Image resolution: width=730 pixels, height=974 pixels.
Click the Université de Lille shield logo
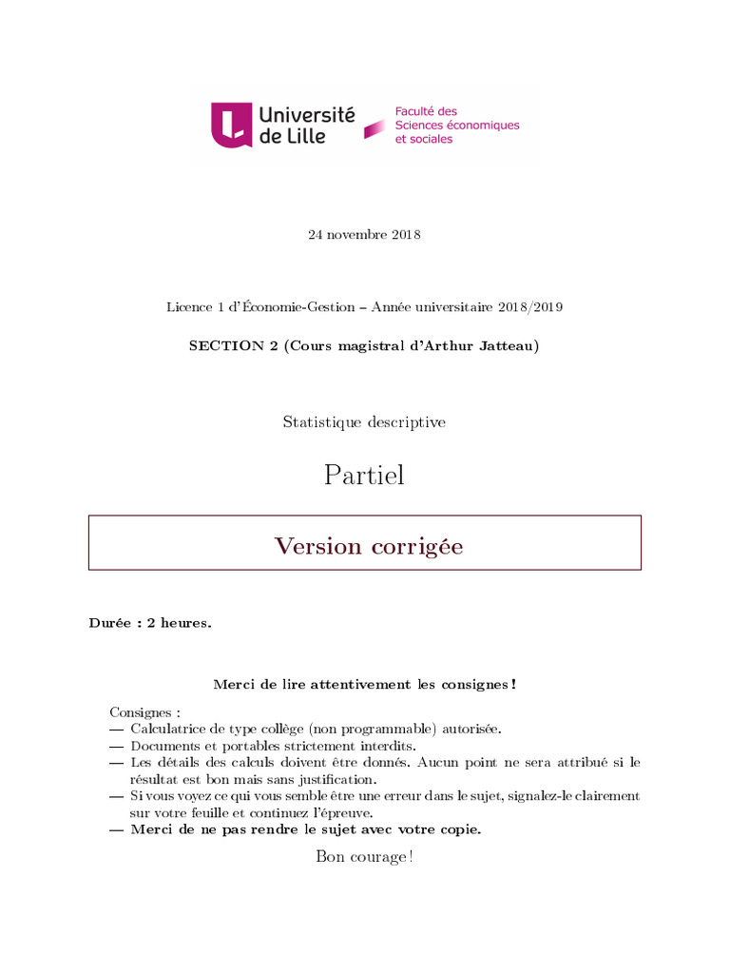tap(231, 125)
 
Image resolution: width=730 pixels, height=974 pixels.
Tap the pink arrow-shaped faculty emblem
tap(375, 127)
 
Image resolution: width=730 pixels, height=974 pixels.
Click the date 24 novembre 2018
tap(364, 235)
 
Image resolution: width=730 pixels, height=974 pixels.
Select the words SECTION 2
tap(226, 346)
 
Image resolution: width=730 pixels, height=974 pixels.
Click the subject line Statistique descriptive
tap(364, 421)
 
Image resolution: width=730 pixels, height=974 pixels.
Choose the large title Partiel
tap(364, 475)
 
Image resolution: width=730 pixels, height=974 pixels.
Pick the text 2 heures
tap(179, 624)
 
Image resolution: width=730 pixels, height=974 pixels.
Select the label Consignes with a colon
tap(144, 711)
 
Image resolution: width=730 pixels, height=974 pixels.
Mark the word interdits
tap(386, 746)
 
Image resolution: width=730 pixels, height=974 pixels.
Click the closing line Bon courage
tap(364, 857)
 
